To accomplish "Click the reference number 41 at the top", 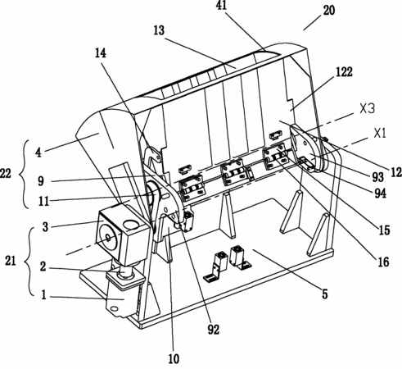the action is pos(221,5).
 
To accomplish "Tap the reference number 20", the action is pos(329,11).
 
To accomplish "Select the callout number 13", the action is pos(159,30).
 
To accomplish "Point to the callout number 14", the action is pos(101,53).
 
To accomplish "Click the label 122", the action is pos(344,72).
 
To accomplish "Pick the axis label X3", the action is pos(368,109).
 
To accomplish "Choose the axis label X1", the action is pos(380,134).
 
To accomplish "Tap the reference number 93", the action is pos(378,177).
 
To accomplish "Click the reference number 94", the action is pos(381,194).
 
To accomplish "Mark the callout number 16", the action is pos(383,262).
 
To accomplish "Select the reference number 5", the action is pos(324,294).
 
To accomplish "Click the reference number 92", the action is pos(214,330).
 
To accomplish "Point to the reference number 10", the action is pos(174,359).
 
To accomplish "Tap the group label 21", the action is pos(11,261).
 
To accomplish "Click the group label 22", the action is pos(6,173).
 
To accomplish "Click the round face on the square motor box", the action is pos(108,238).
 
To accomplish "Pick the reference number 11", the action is pos(43,202).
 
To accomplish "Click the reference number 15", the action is pos(384,230).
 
